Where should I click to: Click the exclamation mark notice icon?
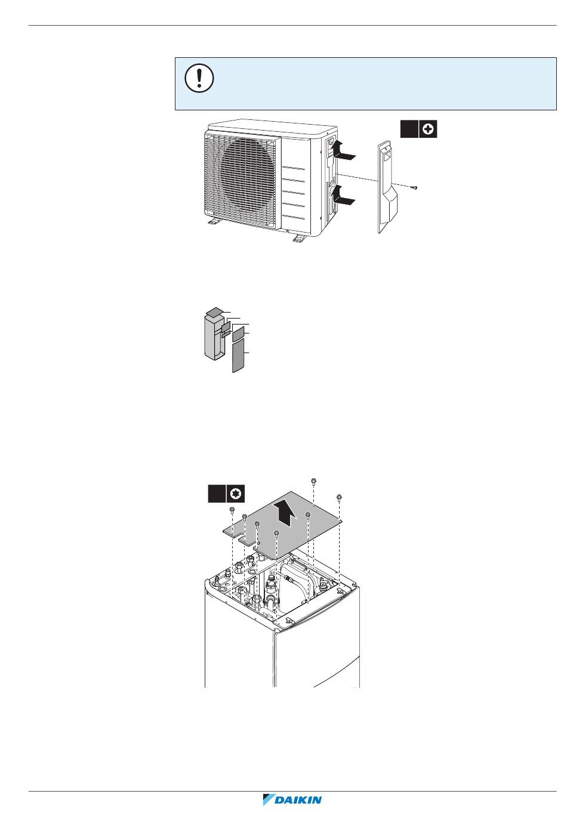(199, 78)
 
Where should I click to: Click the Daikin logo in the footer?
(292, 799)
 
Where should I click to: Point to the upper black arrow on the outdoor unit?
(343, 150)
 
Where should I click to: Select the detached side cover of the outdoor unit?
(387, 187)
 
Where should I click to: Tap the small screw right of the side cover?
(415, 188)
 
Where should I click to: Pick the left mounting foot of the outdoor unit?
(213, 221)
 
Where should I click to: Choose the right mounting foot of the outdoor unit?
(300, 238)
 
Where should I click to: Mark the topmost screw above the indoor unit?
(313, 481)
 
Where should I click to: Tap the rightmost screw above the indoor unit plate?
(339, 497)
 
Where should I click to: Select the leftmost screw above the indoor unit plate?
(232, 509)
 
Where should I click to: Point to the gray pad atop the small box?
(214, 312)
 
